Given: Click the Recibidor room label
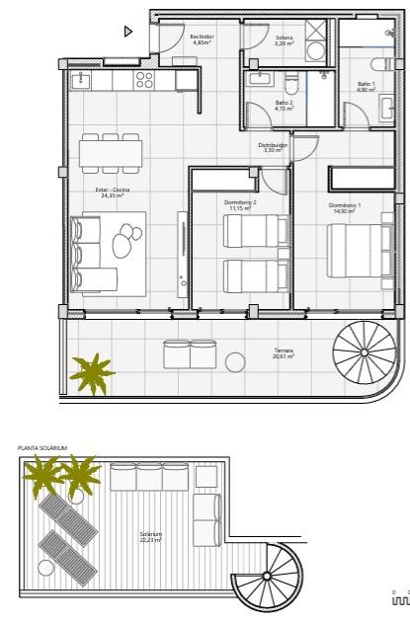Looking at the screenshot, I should click(203, 39).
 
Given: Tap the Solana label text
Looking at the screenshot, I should click(284, 39).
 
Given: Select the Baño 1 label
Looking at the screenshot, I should click(366, 86).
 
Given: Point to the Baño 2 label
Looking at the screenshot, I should click(284, 104).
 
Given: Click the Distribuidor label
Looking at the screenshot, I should click(273, 147).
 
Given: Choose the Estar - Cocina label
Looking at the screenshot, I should click(113, 193).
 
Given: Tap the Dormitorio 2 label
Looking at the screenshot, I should click(240, 205).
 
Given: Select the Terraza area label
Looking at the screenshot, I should click(284, 352).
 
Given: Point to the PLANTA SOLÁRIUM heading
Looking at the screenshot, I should click(42, 448).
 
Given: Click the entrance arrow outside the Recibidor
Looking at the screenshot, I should click(127, 31).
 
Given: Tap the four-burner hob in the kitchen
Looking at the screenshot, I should click(144, 78).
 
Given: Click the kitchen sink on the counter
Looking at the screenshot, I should click(83, 78).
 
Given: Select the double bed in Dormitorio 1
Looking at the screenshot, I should click(357, 254).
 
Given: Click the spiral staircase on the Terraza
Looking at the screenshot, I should click(364, 350).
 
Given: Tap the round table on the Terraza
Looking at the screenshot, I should click(235, 361).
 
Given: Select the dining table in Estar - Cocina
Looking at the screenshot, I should click(111, 154).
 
